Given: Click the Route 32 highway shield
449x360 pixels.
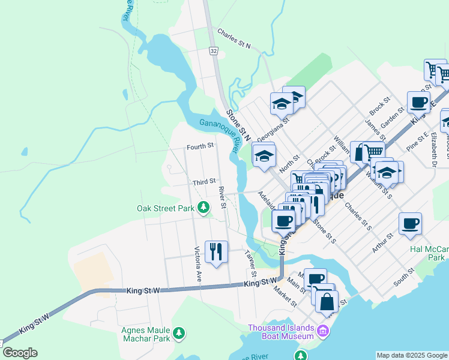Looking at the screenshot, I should pyautogui.click(x=214, y=52).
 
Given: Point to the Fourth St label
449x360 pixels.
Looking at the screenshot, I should pyautogui.click(x=200, y=146).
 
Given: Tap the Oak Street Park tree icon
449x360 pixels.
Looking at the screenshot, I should pyautogui.click(x=204, y=208).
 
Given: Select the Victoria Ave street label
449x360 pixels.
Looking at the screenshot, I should pyautogui.click(x=197, y=264).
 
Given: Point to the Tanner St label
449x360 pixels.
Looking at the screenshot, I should pyautogui.click(x=251, y=264).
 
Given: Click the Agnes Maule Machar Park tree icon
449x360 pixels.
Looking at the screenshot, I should pyautogui.click(x=178, y=333).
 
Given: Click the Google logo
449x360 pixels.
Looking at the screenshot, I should pyautogui.click(x=19, y=353).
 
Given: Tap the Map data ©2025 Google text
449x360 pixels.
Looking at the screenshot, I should pyautogui.click(x=412, y=355).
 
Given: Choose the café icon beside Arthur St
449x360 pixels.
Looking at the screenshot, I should pyautogui.click(x=410, y=224).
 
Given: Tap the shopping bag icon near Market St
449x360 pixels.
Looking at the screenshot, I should pyautogui.click(x=327, y=302).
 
